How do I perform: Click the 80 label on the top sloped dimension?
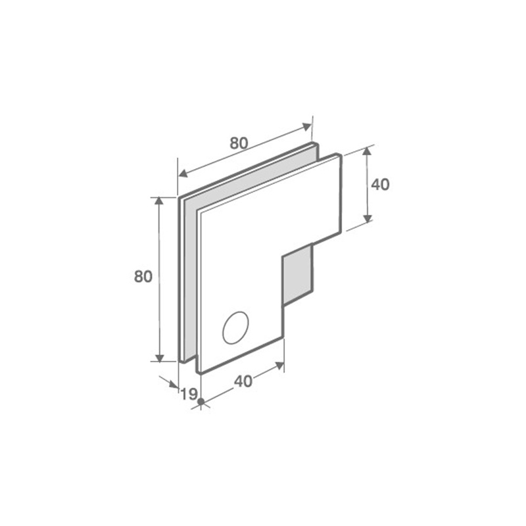coord(239,143)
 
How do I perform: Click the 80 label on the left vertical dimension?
coord(143,276)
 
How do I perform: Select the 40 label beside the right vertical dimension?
coord(381,185)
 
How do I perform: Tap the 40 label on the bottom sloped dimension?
coord(243,381)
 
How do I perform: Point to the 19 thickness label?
coord(189,394)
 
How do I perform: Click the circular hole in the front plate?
coord(235,327)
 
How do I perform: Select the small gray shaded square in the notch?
coord(298,274)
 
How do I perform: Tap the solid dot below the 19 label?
coord(201,401)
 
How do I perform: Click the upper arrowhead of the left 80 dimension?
coord(159,201)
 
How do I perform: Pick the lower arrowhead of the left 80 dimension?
coord(160,358)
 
